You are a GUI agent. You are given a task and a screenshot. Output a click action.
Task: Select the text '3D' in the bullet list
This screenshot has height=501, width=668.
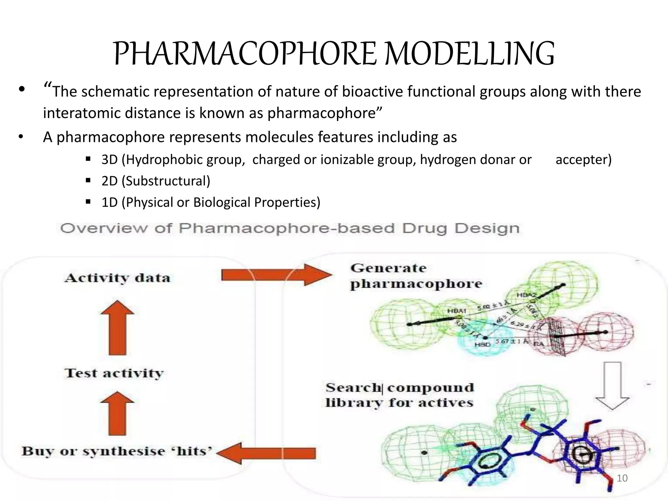(x=109, y=159)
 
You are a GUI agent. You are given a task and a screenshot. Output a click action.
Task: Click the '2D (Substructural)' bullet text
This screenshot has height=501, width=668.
(x=156, y=181)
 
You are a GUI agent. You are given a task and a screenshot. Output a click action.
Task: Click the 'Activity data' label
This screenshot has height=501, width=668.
(x=117, y=278)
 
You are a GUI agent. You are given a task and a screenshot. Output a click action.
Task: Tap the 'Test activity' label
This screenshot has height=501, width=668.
(x=114, y=373)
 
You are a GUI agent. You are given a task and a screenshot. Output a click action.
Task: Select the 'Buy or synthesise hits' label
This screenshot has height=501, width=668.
(x=117, y=451)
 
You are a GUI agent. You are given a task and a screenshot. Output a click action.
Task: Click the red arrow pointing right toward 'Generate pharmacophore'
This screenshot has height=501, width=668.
(x=276, y=275)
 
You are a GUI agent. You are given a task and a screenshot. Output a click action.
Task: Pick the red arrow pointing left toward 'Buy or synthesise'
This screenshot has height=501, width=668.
(x=266, y=453)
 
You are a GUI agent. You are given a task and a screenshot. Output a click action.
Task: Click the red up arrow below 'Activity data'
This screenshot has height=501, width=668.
(x=117, y=327)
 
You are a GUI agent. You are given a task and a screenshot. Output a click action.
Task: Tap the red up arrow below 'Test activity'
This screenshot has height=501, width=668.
(x=117, y=413)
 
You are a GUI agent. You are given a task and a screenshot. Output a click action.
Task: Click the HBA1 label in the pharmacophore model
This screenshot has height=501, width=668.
(x=457, y=311)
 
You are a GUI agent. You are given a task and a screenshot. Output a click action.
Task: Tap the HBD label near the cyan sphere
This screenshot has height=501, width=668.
(x=482, y=344)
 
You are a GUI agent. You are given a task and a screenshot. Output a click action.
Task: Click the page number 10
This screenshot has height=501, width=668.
(x=622, y=478)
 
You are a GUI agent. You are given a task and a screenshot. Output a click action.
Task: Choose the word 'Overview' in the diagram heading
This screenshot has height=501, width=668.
(x=104, y=228)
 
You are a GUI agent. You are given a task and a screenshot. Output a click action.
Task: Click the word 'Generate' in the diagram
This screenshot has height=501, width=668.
(x=388, y=268)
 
